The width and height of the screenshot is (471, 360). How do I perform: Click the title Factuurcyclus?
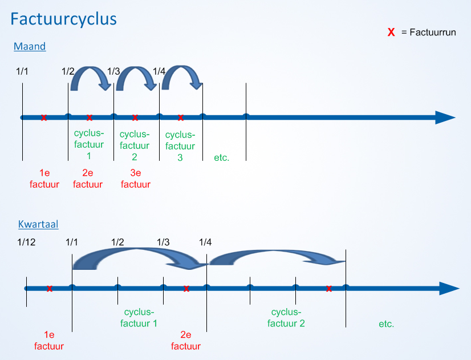point(63,19)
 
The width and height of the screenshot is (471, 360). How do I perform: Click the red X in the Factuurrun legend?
point(391,32)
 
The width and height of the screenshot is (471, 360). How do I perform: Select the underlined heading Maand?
point(30,46)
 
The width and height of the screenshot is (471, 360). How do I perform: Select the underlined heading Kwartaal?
point(38,224)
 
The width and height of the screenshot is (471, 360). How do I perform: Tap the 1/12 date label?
point(26,242)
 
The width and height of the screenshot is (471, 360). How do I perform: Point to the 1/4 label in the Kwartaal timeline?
point(205,242)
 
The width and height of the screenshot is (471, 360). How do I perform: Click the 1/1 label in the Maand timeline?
point(22,71)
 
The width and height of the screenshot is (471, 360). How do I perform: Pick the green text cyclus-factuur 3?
point(180,146)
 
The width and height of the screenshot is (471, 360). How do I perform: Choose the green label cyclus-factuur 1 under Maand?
point(89,144)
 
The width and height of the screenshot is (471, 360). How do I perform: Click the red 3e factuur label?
point(136,179)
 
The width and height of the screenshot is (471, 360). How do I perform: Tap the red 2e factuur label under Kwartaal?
point(186,341)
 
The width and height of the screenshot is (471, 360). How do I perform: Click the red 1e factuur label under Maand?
point(44,179)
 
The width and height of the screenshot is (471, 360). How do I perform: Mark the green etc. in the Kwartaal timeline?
point(386,324)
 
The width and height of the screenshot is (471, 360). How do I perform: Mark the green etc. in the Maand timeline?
point(222,158)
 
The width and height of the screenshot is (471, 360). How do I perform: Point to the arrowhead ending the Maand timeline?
point(445,118)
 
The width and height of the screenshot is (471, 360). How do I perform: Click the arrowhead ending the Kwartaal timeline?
point(449,289)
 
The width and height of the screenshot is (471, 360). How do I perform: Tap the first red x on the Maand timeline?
point(44,118)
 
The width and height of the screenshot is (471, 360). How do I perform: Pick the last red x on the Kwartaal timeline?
point(329,289)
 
